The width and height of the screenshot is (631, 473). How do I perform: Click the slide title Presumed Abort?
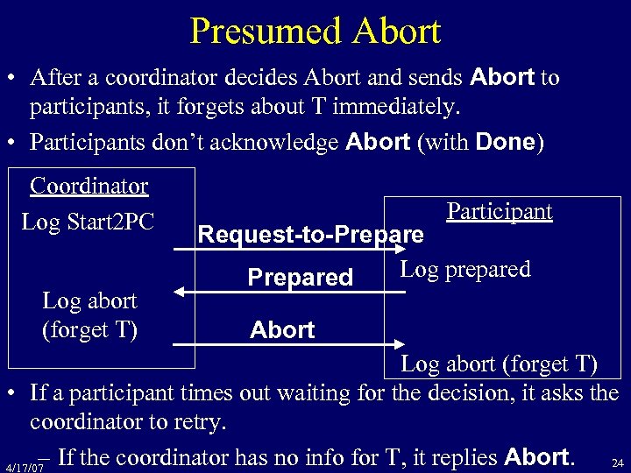[315, 32]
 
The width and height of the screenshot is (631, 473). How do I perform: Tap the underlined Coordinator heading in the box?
[89, 187]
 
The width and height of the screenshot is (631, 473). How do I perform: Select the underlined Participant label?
[499, 211]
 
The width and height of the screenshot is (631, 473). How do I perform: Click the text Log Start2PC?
[88, 222]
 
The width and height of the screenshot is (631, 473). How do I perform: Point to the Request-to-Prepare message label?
[310, 235]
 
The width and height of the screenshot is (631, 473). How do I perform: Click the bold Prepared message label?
[300, 278]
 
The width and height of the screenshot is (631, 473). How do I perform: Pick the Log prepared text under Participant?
[465, 269]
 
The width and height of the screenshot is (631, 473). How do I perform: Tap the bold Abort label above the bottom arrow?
[281, 330]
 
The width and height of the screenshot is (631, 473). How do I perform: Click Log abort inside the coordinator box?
[89, 301]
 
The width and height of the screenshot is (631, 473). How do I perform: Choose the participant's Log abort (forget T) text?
[500, 364]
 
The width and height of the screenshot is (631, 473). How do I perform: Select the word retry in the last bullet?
[199, 422]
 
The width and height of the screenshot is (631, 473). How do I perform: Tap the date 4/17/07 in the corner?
[24, 467]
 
